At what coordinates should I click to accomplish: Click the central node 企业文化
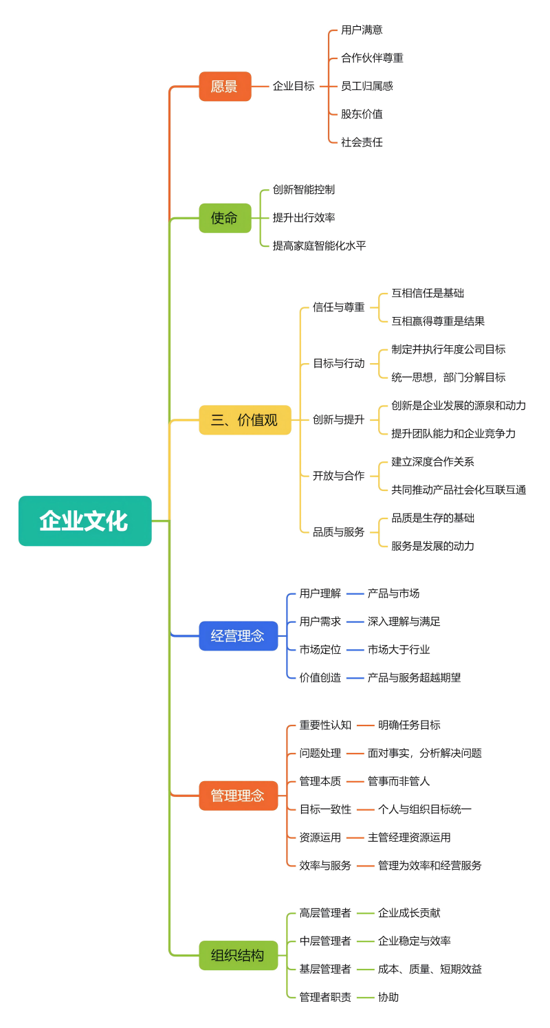pyautogui.click(x=85, y=521)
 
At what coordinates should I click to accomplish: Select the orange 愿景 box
pyautogui.click(x=225, y=87)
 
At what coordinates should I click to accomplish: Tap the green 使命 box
pyautogui.click(x=225, y=218)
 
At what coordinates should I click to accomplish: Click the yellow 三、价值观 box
pyautogui.click(x=245, y=420)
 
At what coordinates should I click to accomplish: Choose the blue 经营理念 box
pyautogui.click(x=238, y=636)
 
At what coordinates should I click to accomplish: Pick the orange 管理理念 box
pyautogui.click(x=238, y=796)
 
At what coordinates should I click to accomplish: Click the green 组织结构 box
pyautogui.click(x=238, y=955)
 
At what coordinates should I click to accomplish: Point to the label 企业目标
pyautogui.click(x=294, y=87)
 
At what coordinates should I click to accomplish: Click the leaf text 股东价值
pyautogui.click(x=362, y=114)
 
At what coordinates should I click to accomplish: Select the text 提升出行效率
pyautogui.click(x=304, y=218)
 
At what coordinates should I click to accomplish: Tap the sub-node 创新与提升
pyautogui.click(x=339, y=419)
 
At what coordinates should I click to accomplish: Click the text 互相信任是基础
pyautogui.click(x=428, y=293)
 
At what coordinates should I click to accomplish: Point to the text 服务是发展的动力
pyautogui.click(x=432, y=546)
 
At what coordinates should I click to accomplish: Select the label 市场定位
pyautogui.click(x=320, y=649)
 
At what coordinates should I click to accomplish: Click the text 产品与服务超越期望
pyautogui.click(x=414, y=677)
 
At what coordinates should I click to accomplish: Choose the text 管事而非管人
pyautogui.click(x=399, y=781)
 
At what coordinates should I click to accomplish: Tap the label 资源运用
pyautogui.click(x=320, y=838)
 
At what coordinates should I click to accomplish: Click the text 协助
pyautogui.click(x=388, y=997)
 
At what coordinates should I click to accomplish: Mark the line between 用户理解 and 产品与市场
pyautogui.click(x=355, y=593)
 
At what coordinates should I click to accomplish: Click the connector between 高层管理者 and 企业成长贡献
pyautogui.click(x=365, y=913)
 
